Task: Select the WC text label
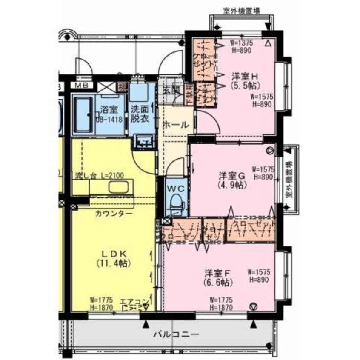point(175,187)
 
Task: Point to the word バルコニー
point(176,334)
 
